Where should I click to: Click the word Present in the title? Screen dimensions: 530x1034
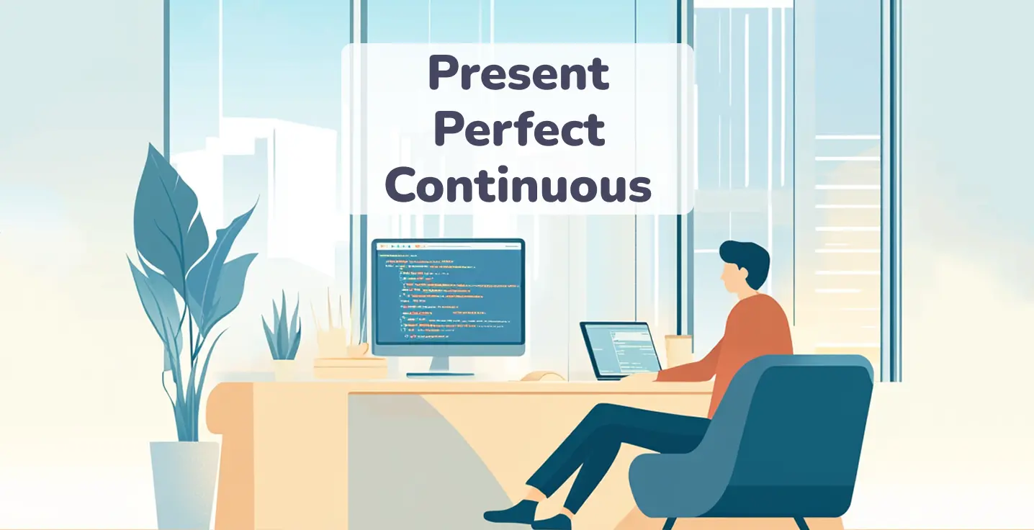click(x=518, y=74)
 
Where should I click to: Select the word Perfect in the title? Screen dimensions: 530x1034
click(x=518, y=130)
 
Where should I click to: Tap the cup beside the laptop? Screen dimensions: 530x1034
click(x=678, y=352)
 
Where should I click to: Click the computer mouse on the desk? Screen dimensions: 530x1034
click(x=542, y=376)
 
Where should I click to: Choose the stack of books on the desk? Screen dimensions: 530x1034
click(x=351, y=368)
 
